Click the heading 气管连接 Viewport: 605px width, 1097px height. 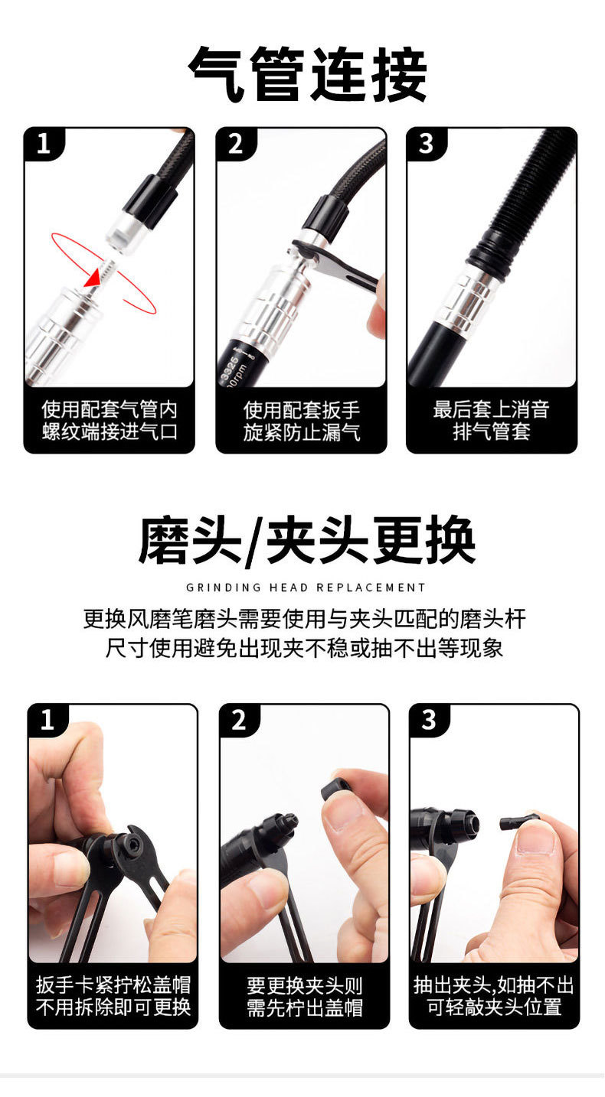(307, 74)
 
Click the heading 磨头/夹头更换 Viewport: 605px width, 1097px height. (307, 541)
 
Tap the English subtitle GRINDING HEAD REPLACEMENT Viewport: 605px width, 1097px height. (306, 588)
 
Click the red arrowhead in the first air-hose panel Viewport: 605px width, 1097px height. (92, 280)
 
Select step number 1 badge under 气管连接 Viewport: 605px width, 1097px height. (44, 144)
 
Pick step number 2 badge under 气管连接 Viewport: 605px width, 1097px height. (236, 144)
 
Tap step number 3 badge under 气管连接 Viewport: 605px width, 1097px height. (426, 144)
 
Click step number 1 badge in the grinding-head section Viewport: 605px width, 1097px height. (47, 721)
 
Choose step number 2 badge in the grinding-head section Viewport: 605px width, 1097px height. (239, 721)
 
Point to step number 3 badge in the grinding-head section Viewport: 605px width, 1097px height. (429, 721)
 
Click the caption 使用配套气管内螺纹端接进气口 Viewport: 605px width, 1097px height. (110, 421)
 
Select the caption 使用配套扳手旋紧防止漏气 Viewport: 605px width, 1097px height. (302, 421)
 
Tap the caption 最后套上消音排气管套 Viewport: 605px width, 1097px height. (491, 421)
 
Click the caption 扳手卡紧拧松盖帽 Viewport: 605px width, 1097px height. (113, 985)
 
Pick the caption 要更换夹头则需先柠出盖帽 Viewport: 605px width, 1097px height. (305, 996)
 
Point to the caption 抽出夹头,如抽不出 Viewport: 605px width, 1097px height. (494, 985)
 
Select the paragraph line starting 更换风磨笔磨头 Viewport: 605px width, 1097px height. (305, 619)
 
